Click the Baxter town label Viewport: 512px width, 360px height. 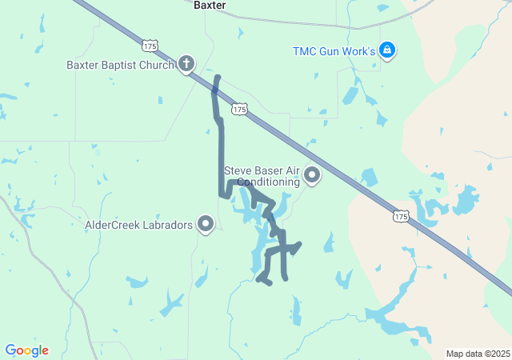210,5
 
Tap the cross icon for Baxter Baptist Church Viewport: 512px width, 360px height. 186,63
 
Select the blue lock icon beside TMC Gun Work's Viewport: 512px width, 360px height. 387,50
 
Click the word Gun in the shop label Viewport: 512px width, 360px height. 334,51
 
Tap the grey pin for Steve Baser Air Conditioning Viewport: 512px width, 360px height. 312,174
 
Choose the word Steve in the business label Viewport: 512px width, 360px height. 238,170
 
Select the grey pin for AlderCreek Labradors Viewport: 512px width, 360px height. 206,224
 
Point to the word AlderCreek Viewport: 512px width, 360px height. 112,226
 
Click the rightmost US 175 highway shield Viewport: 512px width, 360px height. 401,216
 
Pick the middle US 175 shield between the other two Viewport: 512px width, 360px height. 238,108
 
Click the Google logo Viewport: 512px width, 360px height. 26,350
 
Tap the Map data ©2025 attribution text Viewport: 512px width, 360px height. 478,354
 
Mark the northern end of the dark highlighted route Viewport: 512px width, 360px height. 218,77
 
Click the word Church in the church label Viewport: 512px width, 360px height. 160,65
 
